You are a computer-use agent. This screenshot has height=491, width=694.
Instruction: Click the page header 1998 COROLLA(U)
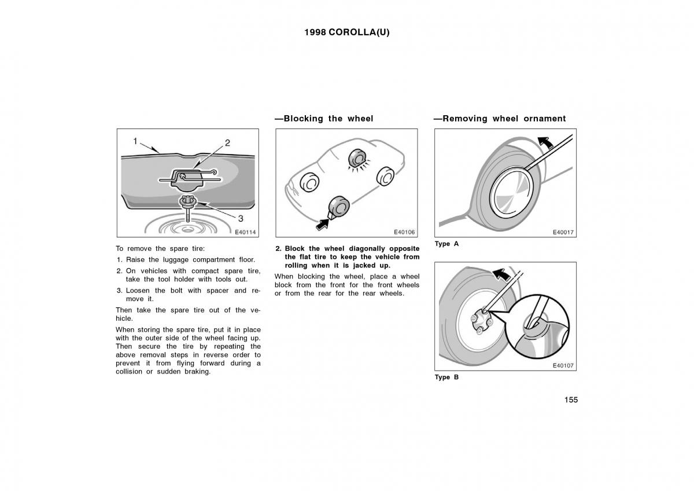click(x=347, y=32)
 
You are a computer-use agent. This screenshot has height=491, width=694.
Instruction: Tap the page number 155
click(x=570, y=400)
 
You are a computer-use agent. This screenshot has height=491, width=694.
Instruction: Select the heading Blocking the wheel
click(x=324, y=119)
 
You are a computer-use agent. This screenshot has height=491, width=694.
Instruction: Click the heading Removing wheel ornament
click(x=500, y=119)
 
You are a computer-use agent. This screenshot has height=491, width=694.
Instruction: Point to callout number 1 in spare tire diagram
click(x=135, y=141)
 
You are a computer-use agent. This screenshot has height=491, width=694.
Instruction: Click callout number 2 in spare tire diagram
click(x=227, y=142)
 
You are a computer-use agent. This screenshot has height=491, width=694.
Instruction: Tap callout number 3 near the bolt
click(x=241, y=218)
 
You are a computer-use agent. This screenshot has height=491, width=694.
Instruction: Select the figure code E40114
click(x=245, y=232)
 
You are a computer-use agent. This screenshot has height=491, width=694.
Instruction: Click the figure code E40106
click(x=404, y=232)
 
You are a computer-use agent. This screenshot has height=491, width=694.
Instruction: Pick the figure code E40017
click(x=563, y=232)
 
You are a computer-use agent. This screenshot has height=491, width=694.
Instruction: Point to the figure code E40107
click(x=563, y=366)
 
